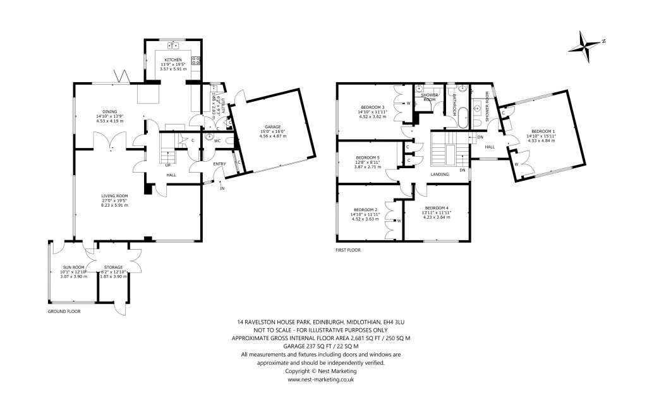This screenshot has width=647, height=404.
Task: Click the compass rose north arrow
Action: tap(586, 45)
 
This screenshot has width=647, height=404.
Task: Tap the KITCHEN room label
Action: tap(173, 59)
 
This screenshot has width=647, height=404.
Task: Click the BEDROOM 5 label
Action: tap(368, 157)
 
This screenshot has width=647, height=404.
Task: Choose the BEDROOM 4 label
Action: tap(437, 208)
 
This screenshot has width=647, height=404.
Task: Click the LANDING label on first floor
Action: tap(440, 174)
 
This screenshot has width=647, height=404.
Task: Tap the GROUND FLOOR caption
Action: tap(64, 312)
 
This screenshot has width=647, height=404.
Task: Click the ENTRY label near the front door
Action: tap(219, 164)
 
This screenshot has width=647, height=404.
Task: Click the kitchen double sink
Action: tap(173, 46)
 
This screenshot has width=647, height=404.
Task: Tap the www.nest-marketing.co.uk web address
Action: tap(320, 379)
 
